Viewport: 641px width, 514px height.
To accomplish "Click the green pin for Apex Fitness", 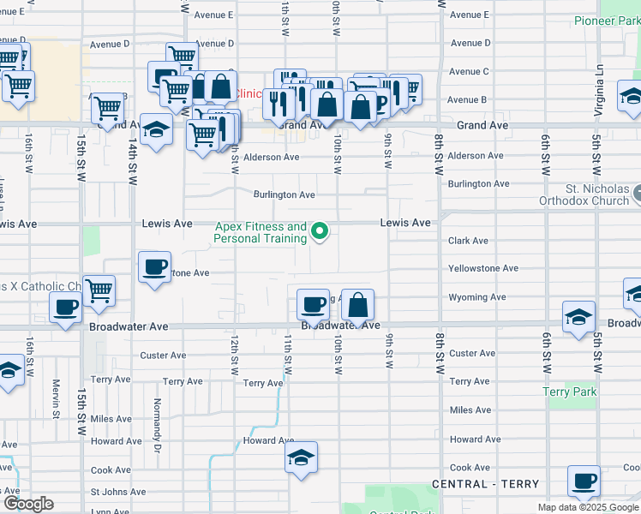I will pos(320,231).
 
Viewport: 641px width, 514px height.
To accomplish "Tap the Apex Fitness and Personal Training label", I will pos(260,232).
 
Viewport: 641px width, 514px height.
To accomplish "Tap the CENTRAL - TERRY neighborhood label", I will pos(486,484).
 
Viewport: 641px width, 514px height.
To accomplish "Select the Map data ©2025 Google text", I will pos(589,507).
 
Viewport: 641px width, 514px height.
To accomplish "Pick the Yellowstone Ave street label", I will pos(483,268).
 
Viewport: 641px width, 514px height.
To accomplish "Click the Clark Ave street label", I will pos(468,241).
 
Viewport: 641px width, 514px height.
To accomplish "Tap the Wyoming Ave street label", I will pos(477,297).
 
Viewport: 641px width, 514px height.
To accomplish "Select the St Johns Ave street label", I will pos(117,492).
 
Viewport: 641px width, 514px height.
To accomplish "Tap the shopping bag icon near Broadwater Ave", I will pos(358,304).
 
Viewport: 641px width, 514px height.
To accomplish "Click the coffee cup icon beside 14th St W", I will pos(154,266).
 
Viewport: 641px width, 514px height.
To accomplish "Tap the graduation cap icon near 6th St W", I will pos(578,317).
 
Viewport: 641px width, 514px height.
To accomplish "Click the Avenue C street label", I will pos(470,71).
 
